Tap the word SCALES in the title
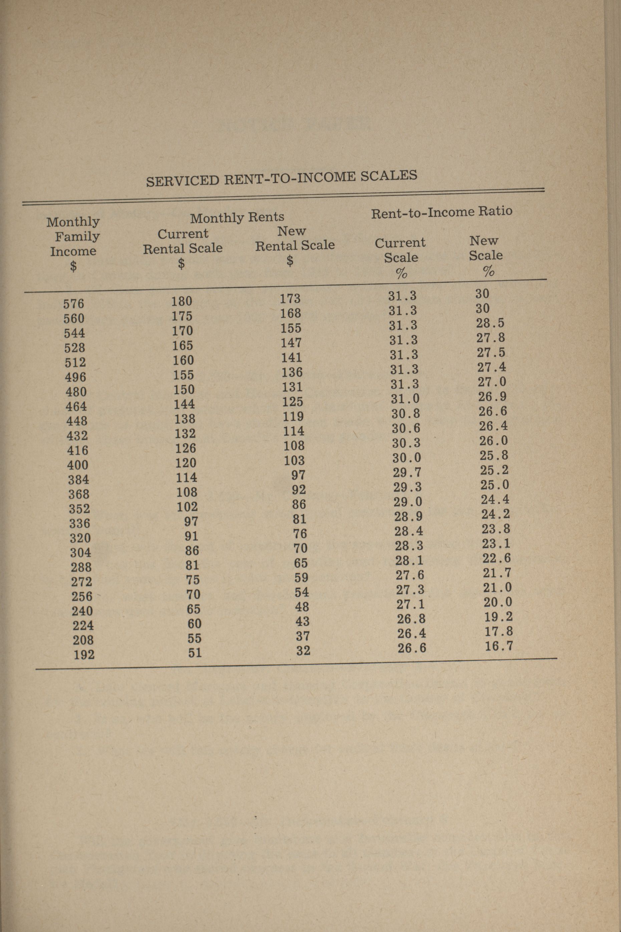(388, 176)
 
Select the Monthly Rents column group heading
(237, 217)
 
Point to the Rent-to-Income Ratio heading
(441, 212)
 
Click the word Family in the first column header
(77, 236)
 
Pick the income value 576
(74, 304)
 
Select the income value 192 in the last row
(84, 654)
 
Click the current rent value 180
(182, 301)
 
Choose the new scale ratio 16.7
(499, 646)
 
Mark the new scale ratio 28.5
(490, 323)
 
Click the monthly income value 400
(78, 465)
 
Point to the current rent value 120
(186, 463)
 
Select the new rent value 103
(294, 460)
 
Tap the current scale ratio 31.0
(405, 399)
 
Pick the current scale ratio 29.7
(407, 473)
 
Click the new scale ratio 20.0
(498, 603)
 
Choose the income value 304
(80, 552)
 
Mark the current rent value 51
(195, 652)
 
